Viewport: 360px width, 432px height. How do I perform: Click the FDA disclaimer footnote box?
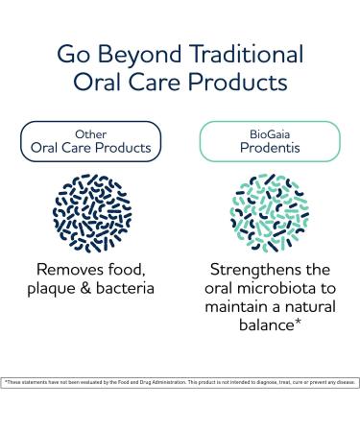click(x=180, y=382)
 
